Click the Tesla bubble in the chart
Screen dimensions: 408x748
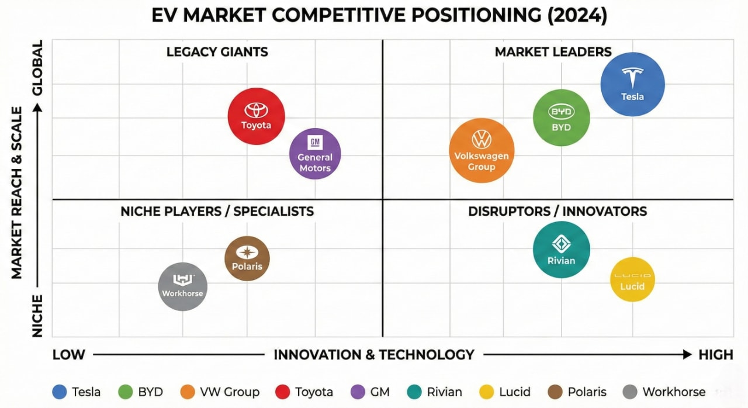(x=632, y=84)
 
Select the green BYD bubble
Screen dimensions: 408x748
(x=561, y=117)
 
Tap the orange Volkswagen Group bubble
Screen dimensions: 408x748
(x=482, y=150)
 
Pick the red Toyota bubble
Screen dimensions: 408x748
(x=256, y=116)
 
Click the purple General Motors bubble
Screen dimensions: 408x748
(x=315, y=154)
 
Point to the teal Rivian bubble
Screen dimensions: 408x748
(x=561, y=250)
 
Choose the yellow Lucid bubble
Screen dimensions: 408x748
(x=632, y=279)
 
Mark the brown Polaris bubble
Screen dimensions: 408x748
(x=247, y=258)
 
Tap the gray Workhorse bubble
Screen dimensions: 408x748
(x=183, y=286)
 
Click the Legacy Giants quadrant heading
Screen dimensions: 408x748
(x=217, y=52)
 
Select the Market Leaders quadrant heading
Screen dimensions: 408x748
(x=553, y=52)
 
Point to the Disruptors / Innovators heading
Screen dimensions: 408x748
(x=557, y=211)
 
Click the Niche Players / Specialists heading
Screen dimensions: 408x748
(x=217, y=211)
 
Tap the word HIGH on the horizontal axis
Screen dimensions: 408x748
(x=715, y=355)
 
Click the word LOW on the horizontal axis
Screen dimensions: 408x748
(x=69, y=355)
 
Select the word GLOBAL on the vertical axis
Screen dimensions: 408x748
(x=37, y=68)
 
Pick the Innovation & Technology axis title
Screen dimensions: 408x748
(x=373, y=355)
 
